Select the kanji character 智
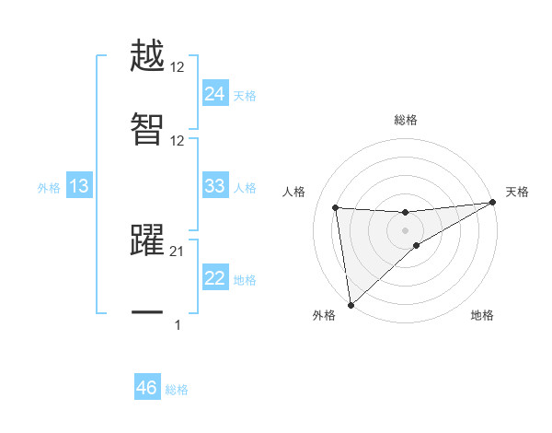coord(147,130)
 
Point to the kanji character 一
coord(147,312)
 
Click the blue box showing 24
coord(214,94)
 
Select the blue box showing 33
coord(214,186)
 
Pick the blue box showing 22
coord(214,279)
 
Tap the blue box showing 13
coord(79,187)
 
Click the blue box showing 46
coord(146,389)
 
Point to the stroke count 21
coord(178,251)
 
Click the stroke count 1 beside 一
coord(178,324)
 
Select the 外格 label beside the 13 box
coord(49,188)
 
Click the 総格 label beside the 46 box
coord(177,390)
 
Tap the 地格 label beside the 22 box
coord(245,280)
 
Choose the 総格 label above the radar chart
coord(406,120)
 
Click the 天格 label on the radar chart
coord(517,192)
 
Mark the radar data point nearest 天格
coord(493,203)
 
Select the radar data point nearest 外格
coord(351,304)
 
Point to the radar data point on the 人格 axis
coord(336,207)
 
